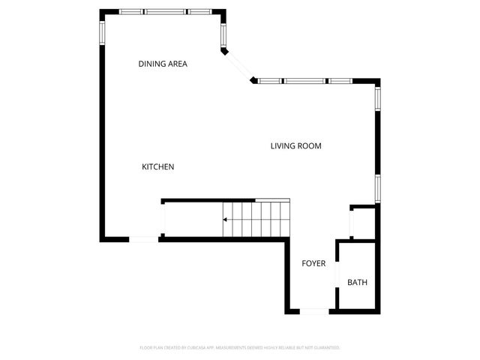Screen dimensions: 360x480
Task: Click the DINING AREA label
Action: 163,64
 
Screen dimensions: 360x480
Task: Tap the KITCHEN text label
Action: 158,166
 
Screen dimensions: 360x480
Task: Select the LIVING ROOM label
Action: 295,146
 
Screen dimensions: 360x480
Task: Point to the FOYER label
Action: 313,263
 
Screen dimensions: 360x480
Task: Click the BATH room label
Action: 357,283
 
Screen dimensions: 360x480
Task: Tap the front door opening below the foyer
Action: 313,311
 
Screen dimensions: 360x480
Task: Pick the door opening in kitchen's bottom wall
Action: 144,239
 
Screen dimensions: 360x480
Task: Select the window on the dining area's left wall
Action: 102,29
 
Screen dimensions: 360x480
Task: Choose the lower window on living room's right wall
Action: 378,189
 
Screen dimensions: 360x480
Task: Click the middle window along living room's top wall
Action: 315,80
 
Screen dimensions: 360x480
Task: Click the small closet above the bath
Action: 364,223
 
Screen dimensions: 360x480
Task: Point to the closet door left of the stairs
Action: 164,220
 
